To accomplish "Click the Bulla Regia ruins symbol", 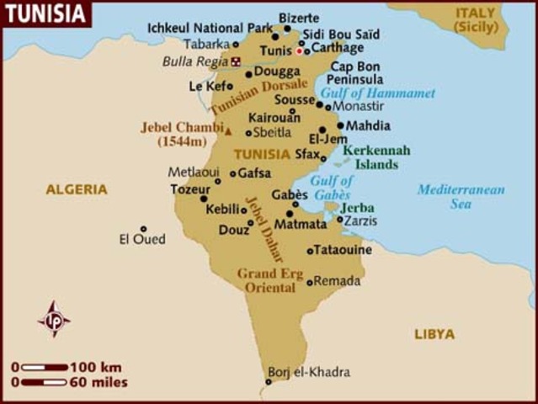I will [x=236, y=61].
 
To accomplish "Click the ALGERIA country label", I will [x=77, y=189].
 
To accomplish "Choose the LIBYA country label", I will [x=434, y=334].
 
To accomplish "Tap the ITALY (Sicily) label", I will [x=477, y=20].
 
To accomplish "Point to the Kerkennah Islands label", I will [x=376, y=157].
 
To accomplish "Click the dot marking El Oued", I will [x=143, y=228].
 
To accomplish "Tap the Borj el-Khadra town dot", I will [x=269, y=382].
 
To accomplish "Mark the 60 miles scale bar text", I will [x=99, y=382].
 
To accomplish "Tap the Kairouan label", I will [x=274, y=119].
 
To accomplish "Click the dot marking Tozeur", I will [x=203, y=199].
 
